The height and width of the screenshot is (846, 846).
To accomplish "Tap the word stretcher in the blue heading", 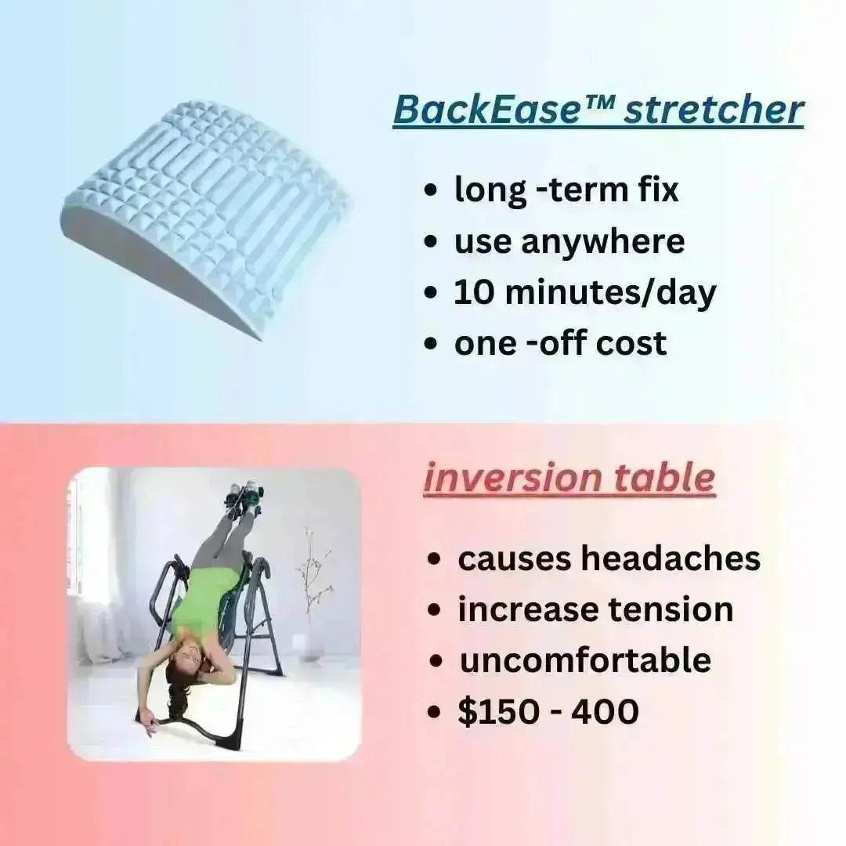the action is click(x=714, y=110).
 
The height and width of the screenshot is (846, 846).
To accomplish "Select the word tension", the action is click(x=671, y=609).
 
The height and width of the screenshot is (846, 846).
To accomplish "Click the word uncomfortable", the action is click(x=585, y=660).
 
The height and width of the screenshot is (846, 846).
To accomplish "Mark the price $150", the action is click(x=498, y=711).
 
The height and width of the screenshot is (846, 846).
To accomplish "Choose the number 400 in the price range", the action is click(x=605, y=711).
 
